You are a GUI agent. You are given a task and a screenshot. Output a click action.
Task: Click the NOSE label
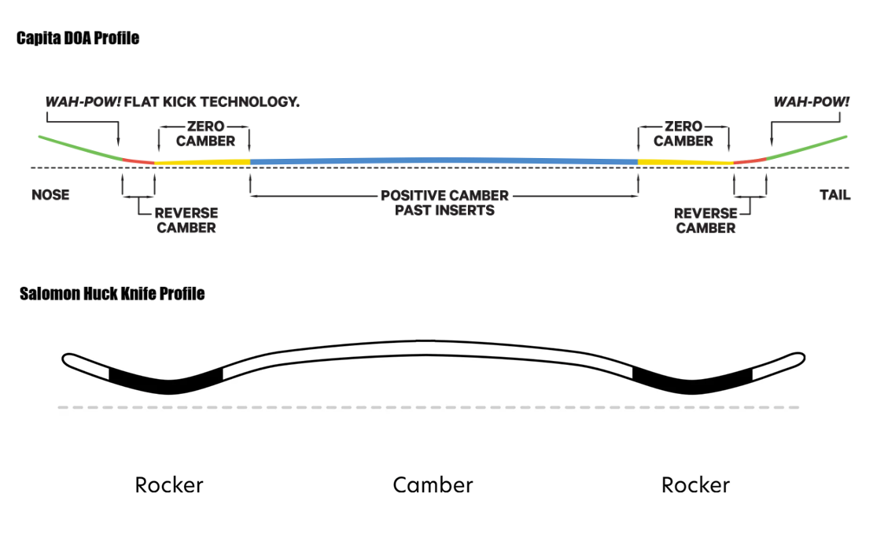click(50, 195)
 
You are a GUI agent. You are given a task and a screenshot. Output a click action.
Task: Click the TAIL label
click(834, 195)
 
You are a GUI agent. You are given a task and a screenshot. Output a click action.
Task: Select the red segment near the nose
click(138, 161)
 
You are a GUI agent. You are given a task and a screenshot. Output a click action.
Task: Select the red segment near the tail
click(750, 160)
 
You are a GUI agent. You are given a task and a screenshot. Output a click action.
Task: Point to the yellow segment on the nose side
click(202, 162)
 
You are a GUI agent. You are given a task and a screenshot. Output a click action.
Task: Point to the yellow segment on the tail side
click(685, 162)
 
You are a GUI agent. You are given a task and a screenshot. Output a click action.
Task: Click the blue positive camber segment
click(444, 160)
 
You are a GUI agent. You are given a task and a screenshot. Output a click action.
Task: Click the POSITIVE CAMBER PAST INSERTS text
click(444, 202)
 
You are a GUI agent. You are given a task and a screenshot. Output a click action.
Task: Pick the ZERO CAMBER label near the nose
click(205, 134)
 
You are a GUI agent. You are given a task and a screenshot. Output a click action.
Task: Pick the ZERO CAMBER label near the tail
click(683, 134)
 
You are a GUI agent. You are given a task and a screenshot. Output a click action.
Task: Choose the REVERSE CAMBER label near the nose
click(186, 220)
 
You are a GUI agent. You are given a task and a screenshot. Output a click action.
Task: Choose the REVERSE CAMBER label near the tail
click(705, 220)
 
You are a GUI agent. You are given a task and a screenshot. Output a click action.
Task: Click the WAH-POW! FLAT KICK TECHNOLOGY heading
click(172, 102)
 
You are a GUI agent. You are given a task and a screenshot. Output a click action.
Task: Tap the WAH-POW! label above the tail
click(812, 102)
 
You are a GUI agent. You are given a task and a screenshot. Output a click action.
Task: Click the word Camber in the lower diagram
click(433, 484)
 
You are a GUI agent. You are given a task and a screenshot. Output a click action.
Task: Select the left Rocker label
click(169, 484)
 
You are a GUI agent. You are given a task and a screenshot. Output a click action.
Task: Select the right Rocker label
click(695, 484)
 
